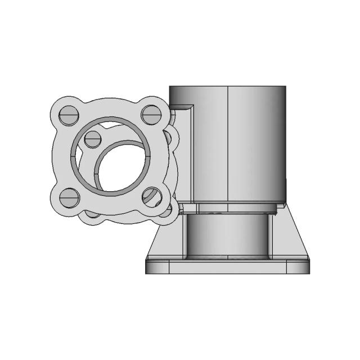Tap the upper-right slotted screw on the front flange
click(151, 115)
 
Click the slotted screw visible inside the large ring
click(92, 137)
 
